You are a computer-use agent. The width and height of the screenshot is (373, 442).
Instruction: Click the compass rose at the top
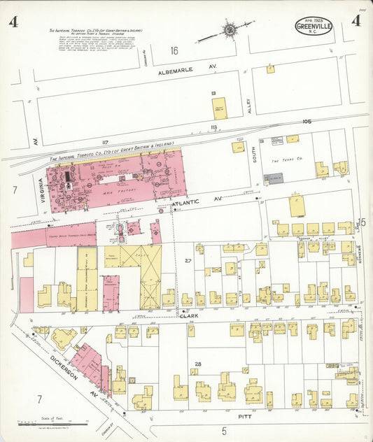[x=229, y=30]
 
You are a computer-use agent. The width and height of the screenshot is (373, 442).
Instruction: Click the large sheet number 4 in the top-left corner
[x=13, y=22]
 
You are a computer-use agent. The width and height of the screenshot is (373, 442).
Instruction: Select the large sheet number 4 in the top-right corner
[x=356, y=20]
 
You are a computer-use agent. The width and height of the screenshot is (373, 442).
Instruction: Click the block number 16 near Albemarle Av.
[x=174, y=50]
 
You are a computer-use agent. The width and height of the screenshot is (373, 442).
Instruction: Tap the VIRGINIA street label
[x=41, y=187]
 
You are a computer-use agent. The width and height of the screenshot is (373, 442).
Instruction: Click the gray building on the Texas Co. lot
[x=273, y=179]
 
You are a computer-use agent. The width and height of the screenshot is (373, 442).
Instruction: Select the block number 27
[x=188, y=260]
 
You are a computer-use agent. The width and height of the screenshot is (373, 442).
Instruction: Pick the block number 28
[x=198, y=364]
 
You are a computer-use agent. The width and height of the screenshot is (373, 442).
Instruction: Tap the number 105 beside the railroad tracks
[x=306, y=121]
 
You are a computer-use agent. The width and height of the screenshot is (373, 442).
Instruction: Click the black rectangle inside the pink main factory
[x=68, y=178]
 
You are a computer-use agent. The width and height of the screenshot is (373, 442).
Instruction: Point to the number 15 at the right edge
[x=362, y=222]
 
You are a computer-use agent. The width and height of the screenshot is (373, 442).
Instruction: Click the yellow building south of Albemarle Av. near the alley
[x=220, y=108]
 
